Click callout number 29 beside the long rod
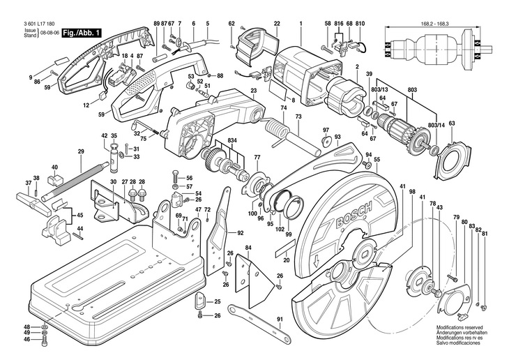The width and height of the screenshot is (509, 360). point(81,151)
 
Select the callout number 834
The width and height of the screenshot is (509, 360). point(231,140)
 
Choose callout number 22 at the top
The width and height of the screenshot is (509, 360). point(277,24)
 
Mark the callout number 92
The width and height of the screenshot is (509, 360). point(240,232)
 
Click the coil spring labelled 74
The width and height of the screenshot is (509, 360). point(277,130)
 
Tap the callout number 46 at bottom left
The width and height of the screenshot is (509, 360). point(26,340)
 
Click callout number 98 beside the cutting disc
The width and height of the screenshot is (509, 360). point(412,192)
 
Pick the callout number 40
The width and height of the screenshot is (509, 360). point(54,167)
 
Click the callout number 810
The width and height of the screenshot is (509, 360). point(360,24)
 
